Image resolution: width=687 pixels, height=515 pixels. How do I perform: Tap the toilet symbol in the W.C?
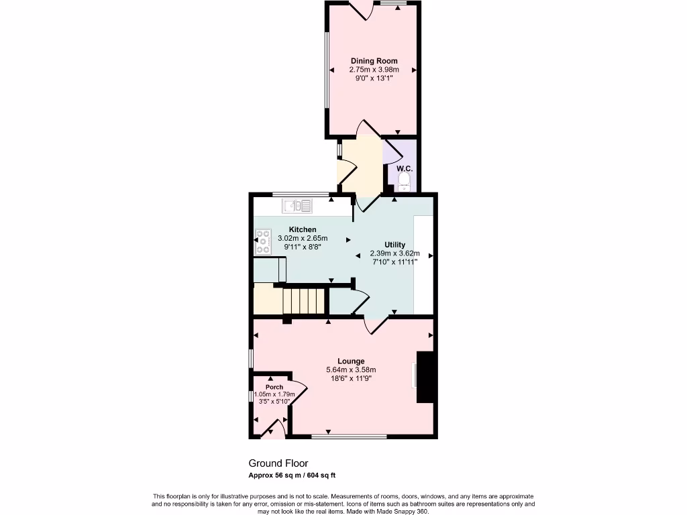coord(405,180)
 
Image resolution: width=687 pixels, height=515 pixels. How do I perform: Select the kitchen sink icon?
coord(297,206)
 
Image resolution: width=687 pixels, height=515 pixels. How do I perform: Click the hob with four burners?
coord(262,243)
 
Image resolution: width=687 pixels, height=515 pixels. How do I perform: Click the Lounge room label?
coord(351,361)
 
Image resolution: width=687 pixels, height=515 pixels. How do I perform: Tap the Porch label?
coord(274,387)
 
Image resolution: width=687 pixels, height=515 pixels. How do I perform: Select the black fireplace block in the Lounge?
coord(425,377)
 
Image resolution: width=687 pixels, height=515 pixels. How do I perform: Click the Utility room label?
coord(394,244)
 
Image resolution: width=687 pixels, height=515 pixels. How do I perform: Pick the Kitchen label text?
coord(302,229)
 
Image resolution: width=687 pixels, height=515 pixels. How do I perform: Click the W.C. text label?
coord(404,169)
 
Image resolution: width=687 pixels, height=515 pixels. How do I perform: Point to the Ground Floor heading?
coord(278,463)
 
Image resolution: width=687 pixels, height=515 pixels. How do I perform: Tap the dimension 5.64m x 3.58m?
coord(351,369)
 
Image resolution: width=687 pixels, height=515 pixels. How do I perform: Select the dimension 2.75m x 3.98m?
coord(374,70)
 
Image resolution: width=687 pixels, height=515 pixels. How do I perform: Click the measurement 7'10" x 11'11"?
coord(394,262)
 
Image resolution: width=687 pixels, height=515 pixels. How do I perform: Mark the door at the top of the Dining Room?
coord(368,10)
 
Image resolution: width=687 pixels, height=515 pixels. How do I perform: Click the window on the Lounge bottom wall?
coord(349,437)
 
